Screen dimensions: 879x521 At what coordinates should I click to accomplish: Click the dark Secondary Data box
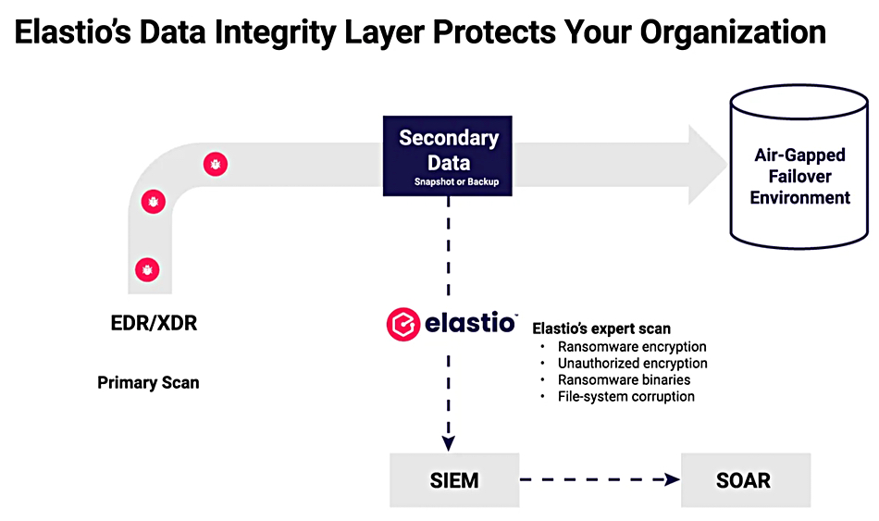(x=447, y=155)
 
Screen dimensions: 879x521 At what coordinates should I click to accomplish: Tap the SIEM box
(x=454, y=480)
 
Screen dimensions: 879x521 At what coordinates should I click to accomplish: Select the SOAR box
(x=746, y=480)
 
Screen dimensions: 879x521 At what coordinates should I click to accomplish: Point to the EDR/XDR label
(x=154, y=323)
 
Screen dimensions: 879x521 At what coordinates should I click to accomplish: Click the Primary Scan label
(x=148, y=382)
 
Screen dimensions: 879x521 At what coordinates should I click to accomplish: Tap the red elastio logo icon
(x=403, y=324)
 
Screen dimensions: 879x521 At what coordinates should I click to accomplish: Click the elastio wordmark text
(x=470, y=323)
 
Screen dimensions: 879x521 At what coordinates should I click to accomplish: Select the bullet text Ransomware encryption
(x=632, y=347)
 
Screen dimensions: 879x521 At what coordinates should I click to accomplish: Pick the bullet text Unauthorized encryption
(x=632, y=364)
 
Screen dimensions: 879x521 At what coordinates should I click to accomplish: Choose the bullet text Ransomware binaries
(x=624, y=379)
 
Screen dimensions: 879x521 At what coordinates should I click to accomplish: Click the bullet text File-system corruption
(x=626, y=396)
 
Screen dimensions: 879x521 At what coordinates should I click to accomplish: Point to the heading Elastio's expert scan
(x=601, y=329)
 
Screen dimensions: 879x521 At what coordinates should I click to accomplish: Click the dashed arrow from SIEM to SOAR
(x=600, y=479)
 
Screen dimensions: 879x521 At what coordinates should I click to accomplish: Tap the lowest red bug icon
(x=147, y=269)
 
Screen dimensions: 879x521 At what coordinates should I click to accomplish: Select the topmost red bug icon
(x=216, y=165)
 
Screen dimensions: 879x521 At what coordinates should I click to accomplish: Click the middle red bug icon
(x=153, y=202)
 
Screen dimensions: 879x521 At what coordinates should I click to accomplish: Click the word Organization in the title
(x=733, y=32)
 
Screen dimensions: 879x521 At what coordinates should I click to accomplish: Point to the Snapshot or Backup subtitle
(x=456, y=181)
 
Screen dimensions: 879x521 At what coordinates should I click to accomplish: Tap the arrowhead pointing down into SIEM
(x=449, y=444)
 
